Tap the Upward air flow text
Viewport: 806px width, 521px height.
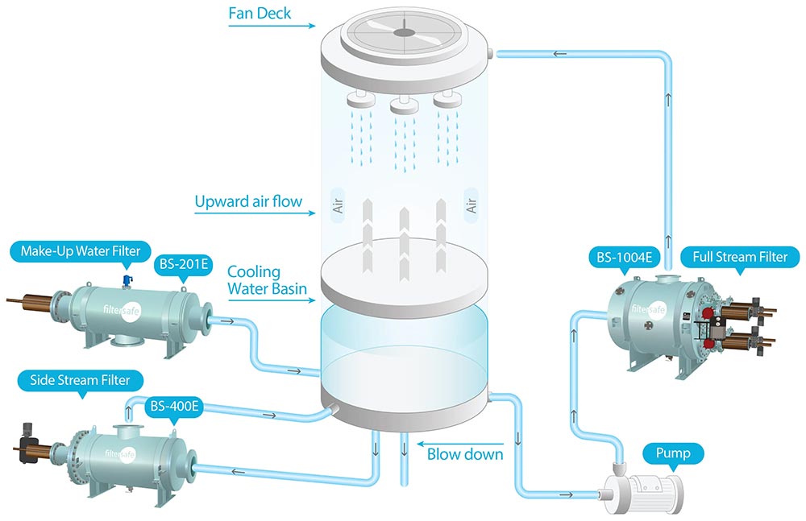pos(247,201)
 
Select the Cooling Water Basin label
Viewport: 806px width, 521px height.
pos(254,280)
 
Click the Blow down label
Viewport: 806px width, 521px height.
pos(465,454)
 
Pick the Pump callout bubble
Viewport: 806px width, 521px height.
pos(673,453)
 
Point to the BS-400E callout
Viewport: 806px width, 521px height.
pos(172,407)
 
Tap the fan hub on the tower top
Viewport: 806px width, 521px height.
pos(403,33)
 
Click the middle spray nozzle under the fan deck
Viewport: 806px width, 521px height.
pos(402,105)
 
